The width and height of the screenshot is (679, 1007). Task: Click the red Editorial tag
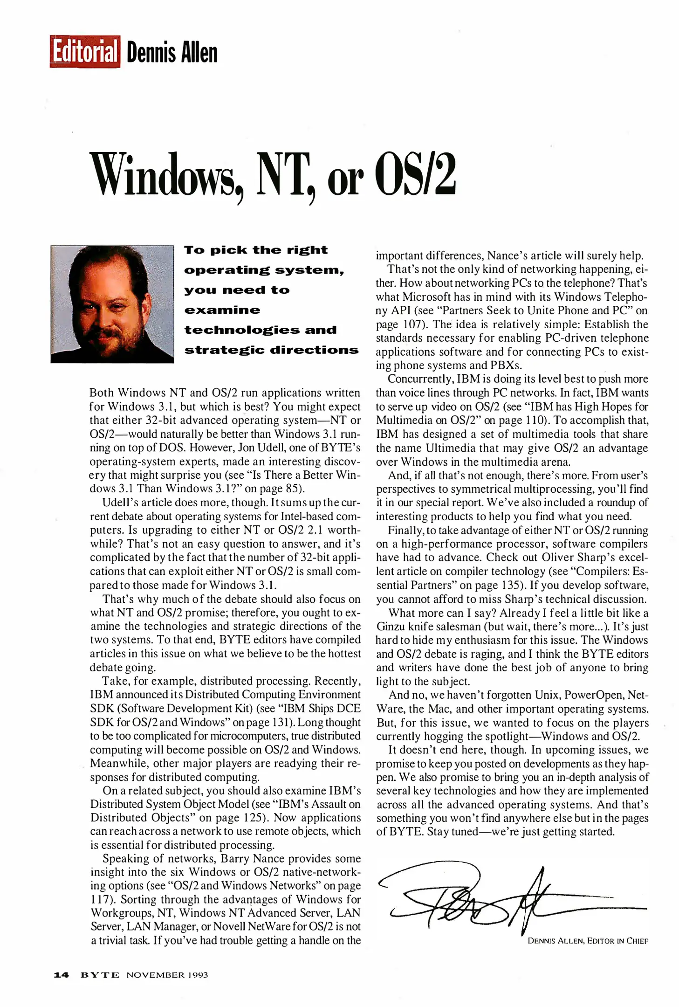[84, 52]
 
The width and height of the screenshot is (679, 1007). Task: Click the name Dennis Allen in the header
[171, 52]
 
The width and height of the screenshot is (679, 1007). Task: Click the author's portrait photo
[112, 303]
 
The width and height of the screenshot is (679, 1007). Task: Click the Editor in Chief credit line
[587, 940]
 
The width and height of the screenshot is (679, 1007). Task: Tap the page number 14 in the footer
[61, 974]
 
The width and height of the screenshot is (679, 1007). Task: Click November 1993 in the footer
[167, 974]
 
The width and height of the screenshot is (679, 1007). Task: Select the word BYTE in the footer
[100, 974]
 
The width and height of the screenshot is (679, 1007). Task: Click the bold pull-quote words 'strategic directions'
[271, 350]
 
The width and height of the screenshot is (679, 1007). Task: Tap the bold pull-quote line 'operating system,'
[264, 270]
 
